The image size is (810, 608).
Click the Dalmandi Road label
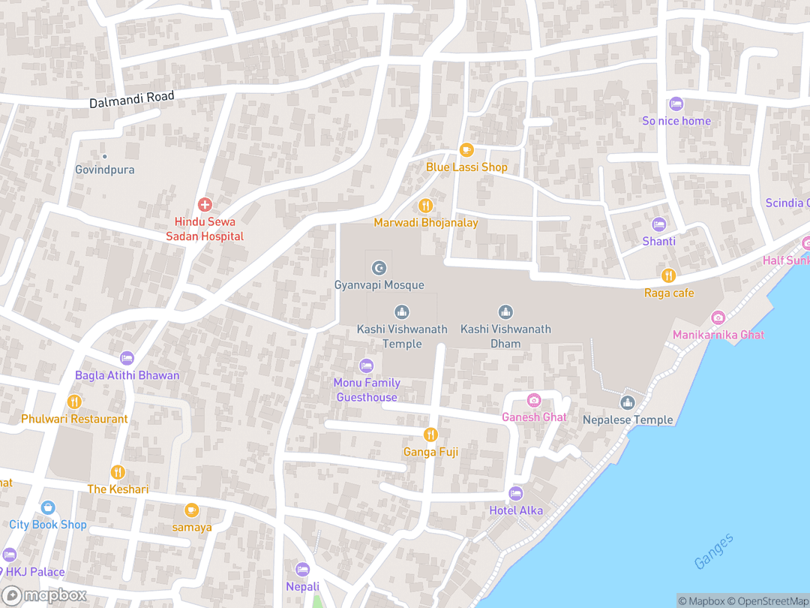point(131,99)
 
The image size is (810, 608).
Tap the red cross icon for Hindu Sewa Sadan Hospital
point(204,204)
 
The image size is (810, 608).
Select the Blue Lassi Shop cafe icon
point(466,150)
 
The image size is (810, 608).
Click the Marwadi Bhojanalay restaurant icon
point(426,206)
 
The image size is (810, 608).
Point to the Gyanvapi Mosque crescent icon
point(379,268)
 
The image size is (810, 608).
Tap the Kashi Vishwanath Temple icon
point(402,312)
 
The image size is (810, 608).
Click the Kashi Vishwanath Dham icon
point(505,312)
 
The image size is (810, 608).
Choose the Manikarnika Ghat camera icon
point(718,318)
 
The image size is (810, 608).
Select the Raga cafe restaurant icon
point(668,275)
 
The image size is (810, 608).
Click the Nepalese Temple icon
point(628,403)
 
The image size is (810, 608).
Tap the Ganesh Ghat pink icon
point(534,400)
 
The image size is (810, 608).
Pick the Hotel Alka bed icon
point(515,493)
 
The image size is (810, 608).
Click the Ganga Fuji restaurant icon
point(430,434)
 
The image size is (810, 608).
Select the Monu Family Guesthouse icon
point(366,366)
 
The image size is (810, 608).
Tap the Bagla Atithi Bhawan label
point(127,375)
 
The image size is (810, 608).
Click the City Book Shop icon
point(48,507)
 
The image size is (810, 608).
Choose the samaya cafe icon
point(192,510)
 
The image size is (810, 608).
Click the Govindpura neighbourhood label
point(105,170)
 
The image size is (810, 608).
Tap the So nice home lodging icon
point(676,104)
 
